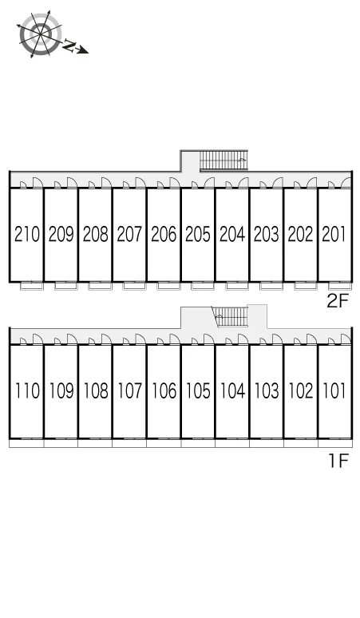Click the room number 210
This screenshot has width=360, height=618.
pyautogui.click(x=27, y=234)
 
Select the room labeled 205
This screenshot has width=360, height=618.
pyautogui.click(x=198, y=234)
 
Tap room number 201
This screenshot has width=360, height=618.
pyautogui.click(x=334, y=234)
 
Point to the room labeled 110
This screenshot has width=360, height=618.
pyautogui.click(x=27, y=390)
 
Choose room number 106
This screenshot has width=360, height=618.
pyautogui.click(x=164, y=390)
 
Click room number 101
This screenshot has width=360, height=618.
pyautogui.click(x=334, y=390)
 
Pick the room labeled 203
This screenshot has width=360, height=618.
pyautogui.click(x=267, y=234)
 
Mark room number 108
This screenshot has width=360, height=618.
pyautogui.click(x=96, y=390)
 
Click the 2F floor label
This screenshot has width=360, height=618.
pyautogui.click(x=338, y=302)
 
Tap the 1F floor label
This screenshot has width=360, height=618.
pyautogui.click(x=339, y=460)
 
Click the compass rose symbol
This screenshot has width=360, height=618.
pyautogui.click(x=40, y=34)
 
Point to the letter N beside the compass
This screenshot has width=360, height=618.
pyautogui.click(x=69, y=46)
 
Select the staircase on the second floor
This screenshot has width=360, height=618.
pyautogui.click(x=224, y=160)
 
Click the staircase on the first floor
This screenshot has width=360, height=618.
pyautogui.click(x=231, y=317)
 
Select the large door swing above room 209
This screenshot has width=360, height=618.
pyautogui.click(x=72, y=183)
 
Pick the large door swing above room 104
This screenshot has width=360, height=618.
pyautogui.click(x=243, y=339)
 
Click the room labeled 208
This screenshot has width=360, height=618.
pyautogui.click(x=95, y=234)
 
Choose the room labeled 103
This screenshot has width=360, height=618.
pyautogui.click(x=267, y=390)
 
